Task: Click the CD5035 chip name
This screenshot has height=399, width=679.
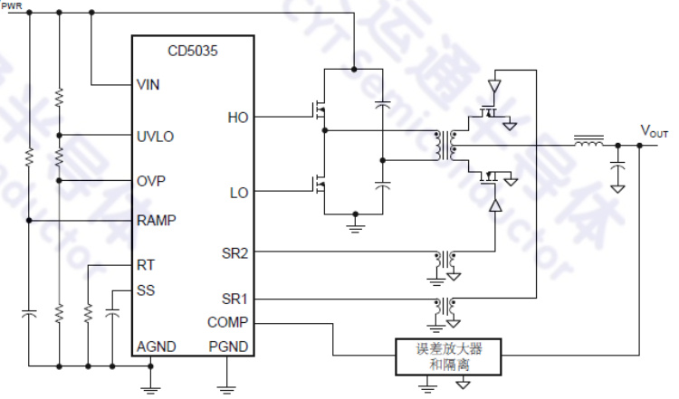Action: click(192, 52)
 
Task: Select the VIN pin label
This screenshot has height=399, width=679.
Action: click(148, 84)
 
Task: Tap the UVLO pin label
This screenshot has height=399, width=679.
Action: click(155, 137)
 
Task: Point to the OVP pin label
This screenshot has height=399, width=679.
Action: click(150, 180)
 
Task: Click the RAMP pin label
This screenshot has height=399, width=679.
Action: click(156, 220)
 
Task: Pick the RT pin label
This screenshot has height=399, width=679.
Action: click(145, 265)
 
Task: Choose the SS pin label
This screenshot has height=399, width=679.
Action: click(145, 290)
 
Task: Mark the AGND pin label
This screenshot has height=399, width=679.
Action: click(156, 347)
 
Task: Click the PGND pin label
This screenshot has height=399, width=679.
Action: click(228, 347)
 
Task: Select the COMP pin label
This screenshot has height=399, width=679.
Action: click(226, 321)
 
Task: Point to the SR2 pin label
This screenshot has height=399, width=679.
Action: click(234, 252)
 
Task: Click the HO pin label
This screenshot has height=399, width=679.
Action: click(238, 117)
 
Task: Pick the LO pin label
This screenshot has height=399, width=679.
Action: click(238, 192)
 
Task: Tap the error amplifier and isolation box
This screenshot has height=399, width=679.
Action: click(449, 357)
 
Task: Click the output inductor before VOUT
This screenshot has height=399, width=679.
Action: click(589, 142)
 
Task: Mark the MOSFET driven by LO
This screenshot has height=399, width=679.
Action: click(318, 186)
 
